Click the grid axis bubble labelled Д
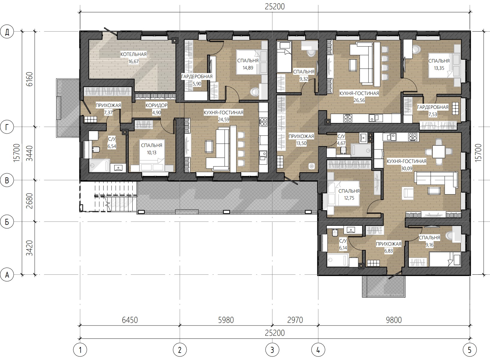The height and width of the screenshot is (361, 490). click(7, 32)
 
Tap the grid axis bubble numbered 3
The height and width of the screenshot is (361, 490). click(272, 350)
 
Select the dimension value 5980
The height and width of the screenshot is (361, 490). click(226, 320)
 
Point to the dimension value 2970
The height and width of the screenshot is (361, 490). click(295, 320)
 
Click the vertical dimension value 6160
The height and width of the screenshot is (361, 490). click(29, 79)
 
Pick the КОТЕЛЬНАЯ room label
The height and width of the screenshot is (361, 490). click(134, 54)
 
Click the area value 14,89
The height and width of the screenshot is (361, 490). click(248, 68)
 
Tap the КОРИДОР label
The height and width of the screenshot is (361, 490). click(156, 106)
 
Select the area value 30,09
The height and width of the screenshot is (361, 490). click(407, 169)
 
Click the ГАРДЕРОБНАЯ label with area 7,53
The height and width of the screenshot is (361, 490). click(433, 107)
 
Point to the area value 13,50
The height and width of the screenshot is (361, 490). click(301, 143)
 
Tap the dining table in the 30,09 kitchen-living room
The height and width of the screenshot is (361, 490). click(439, 151)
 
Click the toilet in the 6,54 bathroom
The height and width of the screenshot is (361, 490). click(96, 149)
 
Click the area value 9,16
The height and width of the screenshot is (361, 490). click(429, 245)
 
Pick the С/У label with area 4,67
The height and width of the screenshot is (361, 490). click(341, 136)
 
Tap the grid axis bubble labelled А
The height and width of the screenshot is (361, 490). click(7, 275)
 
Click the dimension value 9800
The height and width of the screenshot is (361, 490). click(394, 320)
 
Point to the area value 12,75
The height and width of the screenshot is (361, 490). click(349, 198)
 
